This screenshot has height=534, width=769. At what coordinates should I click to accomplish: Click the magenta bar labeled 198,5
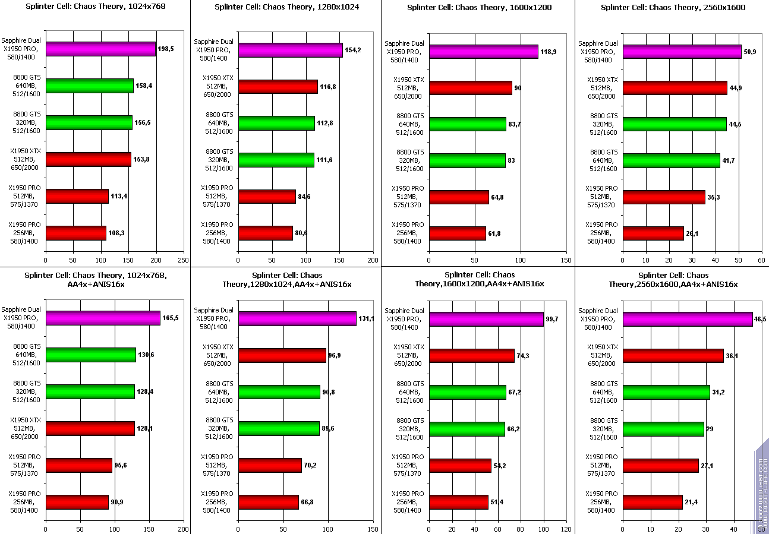click(100, 49)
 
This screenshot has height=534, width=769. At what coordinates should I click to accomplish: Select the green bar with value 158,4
click(89, 86)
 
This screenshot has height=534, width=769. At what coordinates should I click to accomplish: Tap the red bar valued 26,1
click(653, 233)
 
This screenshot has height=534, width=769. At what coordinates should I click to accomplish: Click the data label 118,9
click(548, 52)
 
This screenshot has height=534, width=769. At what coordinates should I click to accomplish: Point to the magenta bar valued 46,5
click(687, 319)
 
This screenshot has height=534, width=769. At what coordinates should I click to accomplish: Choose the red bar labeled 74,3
click(472, 356)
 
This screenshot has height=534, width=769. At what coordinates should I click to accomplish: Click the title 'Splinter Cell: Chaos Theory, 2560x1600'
click(673, 8)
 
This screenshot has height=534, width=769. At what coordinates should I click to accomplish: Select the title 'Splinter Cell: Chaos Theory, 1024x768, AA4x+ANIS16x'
click(96, 280)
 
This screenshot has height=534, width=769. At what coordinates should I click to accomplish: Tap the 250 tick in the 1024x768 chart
click(184, 260)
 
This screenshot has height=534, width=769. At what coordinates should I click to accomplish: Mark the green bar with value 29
click(663, 429)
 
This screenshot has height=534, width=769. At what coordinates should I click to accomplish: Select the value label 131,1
click(366, 319)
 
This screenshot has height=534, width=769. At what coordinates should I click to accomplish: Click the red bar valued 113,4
click(77, 196)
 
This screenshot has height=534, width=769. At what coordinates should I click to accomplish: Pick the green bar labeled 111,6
click(276, 160)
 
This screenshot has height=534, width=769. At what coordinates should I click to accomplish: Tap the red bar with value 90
click(470, 88)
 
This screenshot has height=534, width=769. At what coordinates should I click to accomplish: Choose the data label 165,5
click(170, 318)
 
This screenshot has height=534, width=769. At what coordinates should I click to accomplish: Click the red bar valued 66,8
click(268, 502)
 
